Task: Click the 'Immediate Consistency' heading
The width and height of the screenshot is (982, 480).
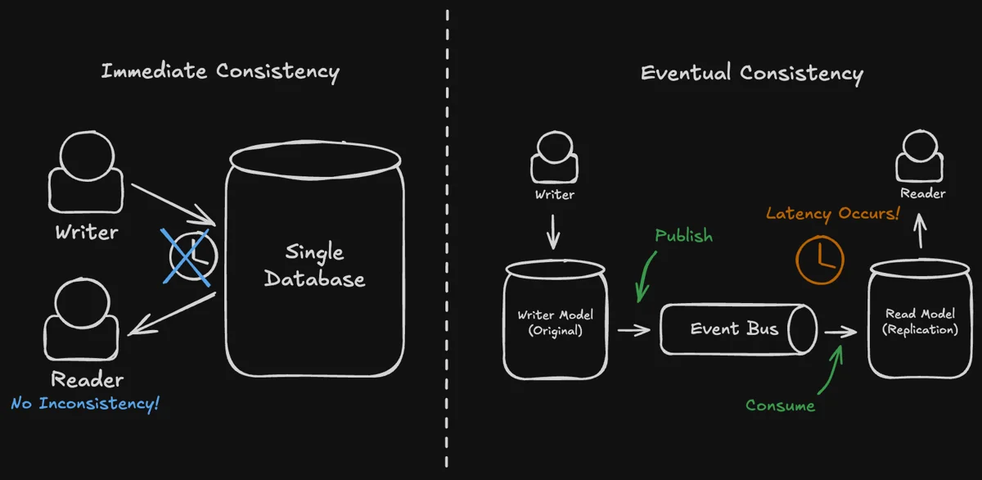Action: tap(219, 71)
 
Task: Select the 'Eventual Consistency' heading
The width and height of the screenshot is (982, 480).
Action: tap(751, 73)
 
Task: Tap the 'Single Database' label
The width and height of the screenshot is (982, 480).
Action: tap(315, 265)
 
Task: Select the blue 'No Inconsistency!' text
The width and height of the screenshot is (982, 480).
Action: tap(85, 404)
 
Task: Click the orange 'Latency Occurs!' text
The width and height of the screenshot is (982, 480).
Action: tap(832, 214)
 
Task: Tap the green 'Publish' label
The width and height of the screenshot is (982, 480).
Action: tap(683, 236)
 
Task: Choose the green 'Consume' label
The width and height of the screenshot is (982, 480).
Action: tap(780, 405)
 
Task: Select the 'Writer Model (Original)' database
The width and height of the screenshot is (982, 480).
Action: tap(556, 321)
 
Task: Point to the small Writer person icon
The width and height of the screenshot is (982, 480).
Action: tap(554, 160)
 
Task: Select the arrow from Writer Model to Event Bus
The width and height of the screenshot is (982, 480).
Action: tap(633, 330)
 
